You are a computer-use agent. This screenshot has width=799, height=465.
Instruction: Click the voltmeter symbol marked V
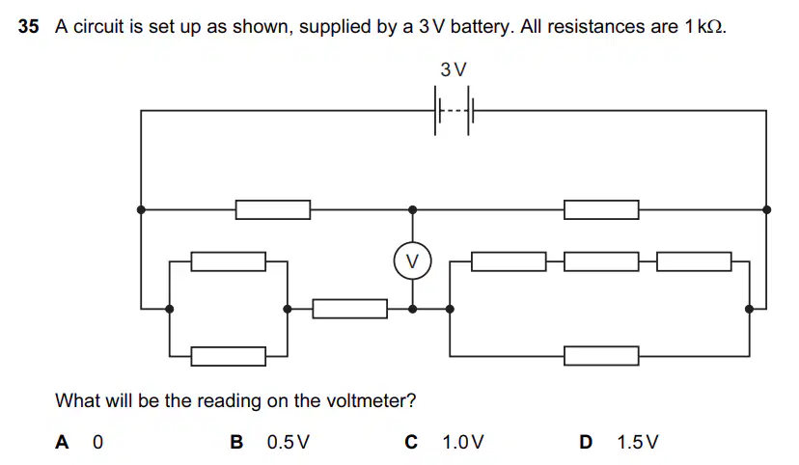(413, 260)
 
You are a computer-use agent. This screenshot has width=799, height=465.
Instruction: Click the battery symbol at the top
(454, 111)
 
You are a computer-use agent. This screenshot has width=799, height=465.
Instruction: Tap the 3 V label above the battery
(454, 69)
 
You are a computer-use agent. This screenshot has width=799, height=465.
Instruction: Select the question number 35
(29, 26)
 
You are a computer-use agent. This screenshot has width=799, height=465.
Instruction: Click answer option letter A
(62, 442)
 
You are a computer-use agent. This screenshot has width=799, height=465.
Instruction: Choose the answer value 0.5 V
(288, 442)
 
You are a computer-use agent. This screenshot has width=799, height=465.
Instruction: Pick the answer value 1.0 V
(462, 442)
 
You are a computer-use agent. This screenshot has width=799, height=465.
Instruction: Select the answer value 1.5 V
(638, 442)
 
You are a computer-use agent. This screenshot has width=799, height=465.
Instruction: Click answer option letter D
(586, 442)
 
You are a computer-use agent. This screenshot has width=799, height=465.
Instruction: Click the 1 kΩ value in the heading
(704, 26)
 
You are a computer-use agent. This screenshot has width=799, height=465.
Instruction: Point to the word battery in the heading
(480, 27)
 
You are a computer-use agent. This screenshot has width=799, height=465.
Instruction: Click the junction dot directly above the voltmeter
(413, 210)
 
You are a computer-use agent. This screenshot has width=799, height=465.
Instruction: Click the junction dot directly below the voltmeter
(413, 309)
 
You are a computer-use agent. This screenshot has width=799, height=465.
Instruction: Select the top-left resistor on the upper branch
(273, 210)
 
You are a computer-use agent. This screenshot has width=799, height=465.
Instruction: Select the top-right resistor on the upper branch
(601, 210)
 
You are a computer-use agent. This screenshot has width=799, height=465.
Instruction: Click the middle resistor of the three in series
(601, 261)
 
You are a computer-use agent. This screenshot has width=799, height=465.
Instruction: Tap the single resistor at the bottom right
(601, 356)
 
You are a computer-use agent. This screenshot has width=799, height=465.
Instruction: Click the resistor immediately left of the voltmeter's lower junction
(350, 309)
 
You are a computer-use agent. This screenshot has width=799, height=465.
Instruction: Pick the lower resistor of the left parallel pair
(229, 356)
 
